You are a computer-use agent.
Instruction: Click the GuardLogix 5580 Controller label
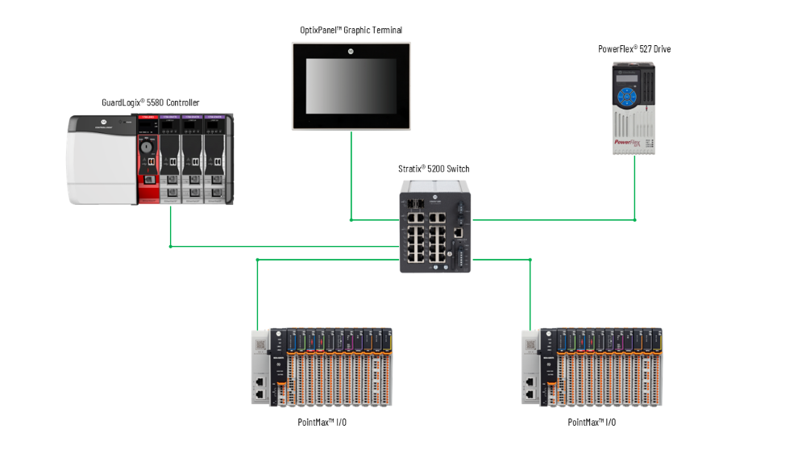(151, 102)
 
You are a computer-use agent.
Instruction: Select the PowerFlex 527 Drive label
(634, 49)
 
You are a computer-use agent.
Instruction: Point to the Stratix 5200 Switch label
(434, 169)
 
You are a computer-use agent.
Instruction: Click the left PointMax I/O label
(322, 422)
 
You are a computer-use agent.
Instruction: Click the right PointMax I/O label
(592, 422)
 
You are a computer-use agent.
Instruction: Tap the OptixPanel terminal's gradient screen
(351, 86)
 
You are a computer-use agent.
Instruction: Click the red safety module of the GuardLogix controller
(148, 159)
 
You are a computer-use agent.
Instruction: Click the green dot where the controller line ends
(171, 246)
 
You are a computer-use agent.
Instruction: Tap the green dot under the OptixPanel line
(351, 219)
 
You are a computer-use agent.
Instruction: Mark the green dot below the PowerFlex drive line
(634, 219)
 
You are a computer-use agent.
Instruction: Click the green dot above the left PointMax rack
(257, 260)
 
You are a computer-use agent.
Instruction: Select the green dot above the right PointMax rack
(530, 260)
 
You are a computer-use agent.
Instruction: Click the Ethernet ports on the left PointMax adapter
(260, 387)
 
